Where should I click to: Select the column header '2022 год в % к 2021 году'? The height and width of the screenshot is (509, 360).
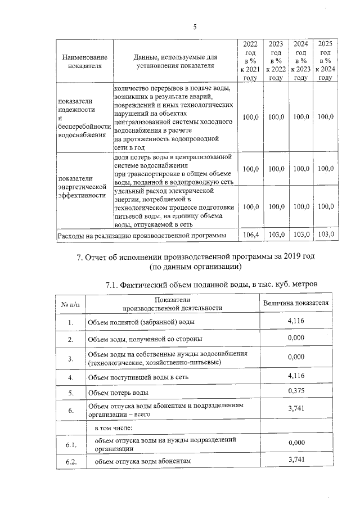click(250, 61)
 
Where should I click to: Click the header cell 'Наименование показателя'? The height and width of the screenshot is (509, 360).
click(84, 61)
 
